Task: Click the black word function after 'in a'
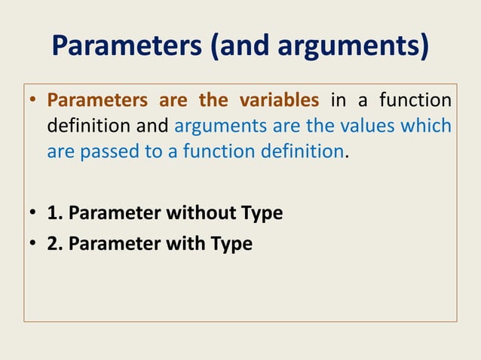coord(415,100)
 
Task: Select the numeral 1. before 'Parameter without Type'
coord(54,213)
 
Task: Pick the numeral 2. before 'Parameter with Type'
coord(54,244)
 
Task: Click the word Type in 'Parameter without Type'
coord(261,213)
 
